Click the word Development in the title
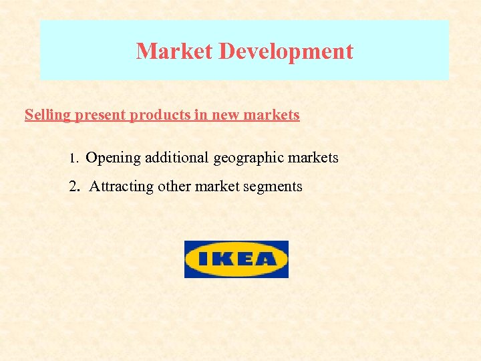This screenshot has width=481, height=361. tap(280, 51)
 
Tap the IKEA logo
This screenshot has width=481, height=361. tap(236, 259)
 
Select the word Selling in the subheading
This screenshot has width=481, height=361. tap(47, 115)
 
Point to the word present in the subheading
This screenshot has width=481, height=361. tap(100, 116)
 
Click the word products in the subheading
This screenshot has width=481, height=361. tap(160, 116)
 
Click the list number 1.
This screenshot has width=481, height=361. tap(74, 159)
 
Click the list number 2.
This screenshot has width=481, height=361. tap(74, 187)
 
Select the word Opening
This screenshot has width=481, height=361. tap(114, 159)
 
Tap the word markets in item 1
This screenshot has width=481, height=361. tap(313, 158)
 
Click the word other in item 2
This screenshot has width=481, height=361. tap(174, 187)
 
